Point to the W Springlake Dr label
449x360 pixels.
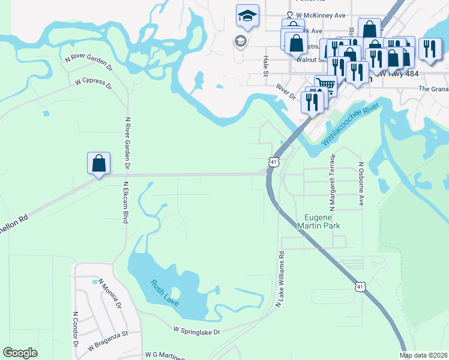coord(197,331)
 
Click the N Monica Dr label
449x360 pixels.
coord(110,293)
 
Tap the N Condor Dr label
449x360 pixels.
coord(76,329)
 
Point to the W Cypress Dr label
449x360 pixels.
coord(93,83)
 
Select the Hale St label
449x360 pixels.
coord(265,66)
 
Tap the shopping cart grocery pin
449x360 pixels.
coord(325,84)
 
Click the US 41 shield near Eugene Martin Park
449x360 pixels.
coord(274,163)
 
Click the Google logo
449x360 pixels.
coord(20,353)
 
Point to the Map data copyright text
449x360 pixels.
coord(423,355)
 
